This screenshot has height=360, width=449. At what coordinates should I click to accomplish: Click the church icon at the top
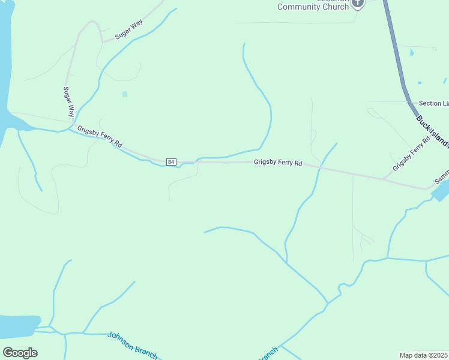pyautogui.click(x=358, y=3)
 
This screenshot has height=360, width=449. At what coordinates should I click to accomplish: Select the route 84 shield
pyautogui.click(x=171, y=162)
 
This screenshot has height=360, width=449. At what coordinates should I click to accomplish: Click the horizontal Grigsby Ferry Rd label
pyautogui.click(x=277, y=162)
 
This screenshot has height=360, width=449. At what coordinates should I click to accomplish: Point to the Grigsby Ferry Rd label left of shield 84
pyautogui.click(x=100, y=137)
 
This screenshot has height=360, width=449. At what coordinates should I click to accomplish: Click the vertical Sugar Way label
pyautogui.click(x=69, y=101)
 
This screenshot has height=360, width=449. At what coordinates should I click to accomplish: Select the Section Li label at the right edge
pyautogui.click(x=433, y=104)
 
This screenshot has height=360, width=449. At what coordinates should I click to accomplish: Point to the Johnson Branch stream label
pyautogui.click(x=133, y=345)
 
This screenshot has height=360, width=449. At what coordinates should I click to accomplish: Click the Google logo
pyautogui.click(x=20, y=353)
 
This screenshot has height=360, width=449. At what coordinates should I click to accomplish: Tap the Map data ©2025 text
pyautogui.click(x=424, y=355)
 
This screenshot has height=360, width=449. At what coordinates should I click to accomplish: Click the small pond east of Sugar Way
pyautogui.click(x=125, y=94)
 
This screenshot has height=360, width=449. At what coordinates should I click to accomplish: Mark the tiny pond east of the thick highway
pyautogui.click(x=411, y=53)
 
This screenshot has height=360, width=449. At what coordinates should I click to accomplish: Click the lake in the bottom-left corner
pyautogui.click(x=18, y=326)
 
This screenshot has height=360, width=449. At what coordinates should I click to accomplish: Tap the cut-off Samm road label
pyautogui.click(x=441, y=181)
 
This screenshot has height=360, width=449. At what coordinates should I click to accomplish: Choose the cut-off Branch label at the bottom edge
pyautogui.click(x=268, y=354)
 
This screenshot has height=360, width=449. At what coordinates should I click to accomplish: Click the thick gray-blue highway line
pyautogui.click(x=396, y=54)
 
